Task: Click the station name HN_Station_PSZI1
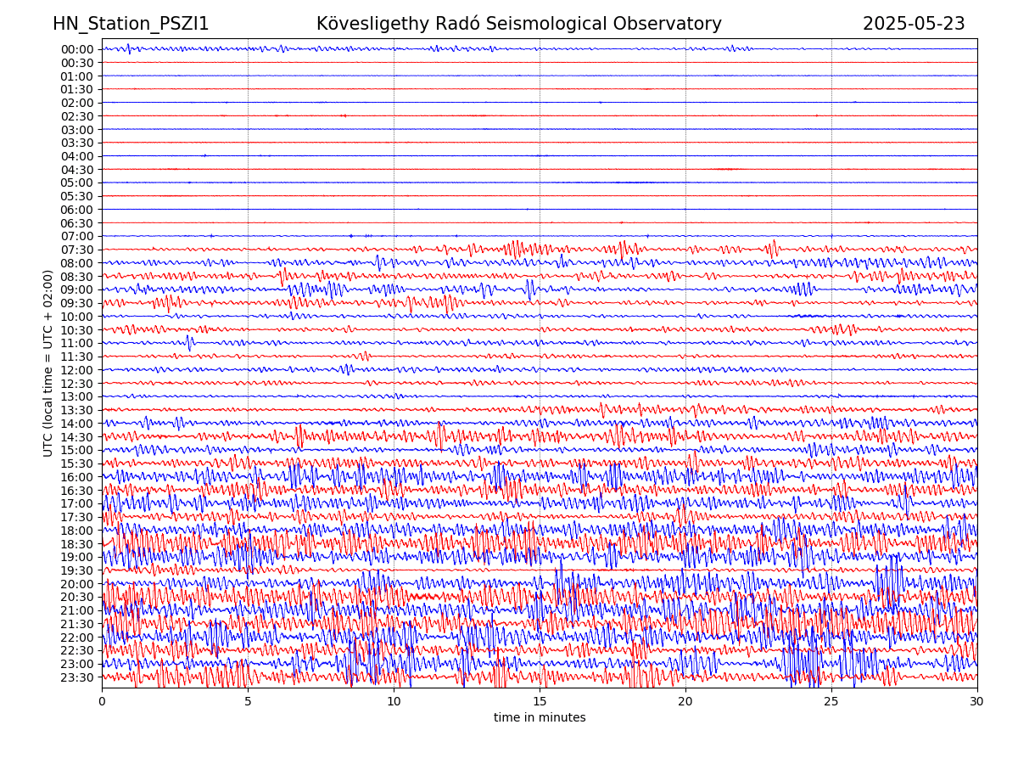click(x=131, y=25)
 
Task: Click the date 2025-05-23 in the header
click(x=914, y=25)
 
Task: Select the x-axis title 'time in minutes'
click(x=540, y=718)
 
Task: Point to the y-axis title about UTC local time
click(x=48, y=363)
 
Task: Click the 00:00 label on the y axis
click(x=77, y=49)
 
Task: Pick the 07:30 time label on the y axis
click(x=77, y=250)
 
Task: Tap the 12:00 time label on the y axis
click(x=77, y=370)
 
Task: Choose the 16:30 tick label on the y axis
click(x=77, y=491)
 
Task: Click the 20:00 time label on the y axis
click(x=77, y=584)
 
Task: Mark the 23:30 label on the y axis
click(x=77, y=677)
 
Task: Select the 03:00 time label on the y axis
click(x=77, y=130)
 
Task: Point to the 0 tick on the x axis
click(x=102, y=702)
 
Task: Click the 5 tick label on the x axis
click(x=248, y=702)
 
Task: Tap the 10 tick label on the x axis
click(x=394, y=702)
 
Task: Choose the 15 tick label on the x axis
click(x=540, y=702)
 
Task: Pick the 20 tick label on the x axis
click(x=685, y=702)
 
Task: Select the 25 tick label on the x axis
click(x=831, y=702)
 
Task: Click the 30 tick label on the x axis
click(x=977, y=702)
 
